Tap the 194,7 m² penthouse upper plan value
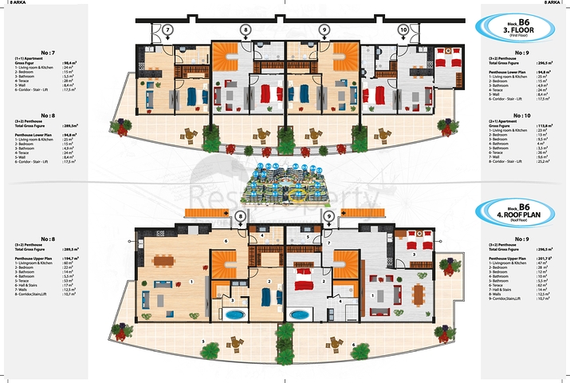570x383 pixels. (68, 259)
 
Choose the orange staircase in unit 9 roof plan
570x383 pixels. (346, 264)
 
